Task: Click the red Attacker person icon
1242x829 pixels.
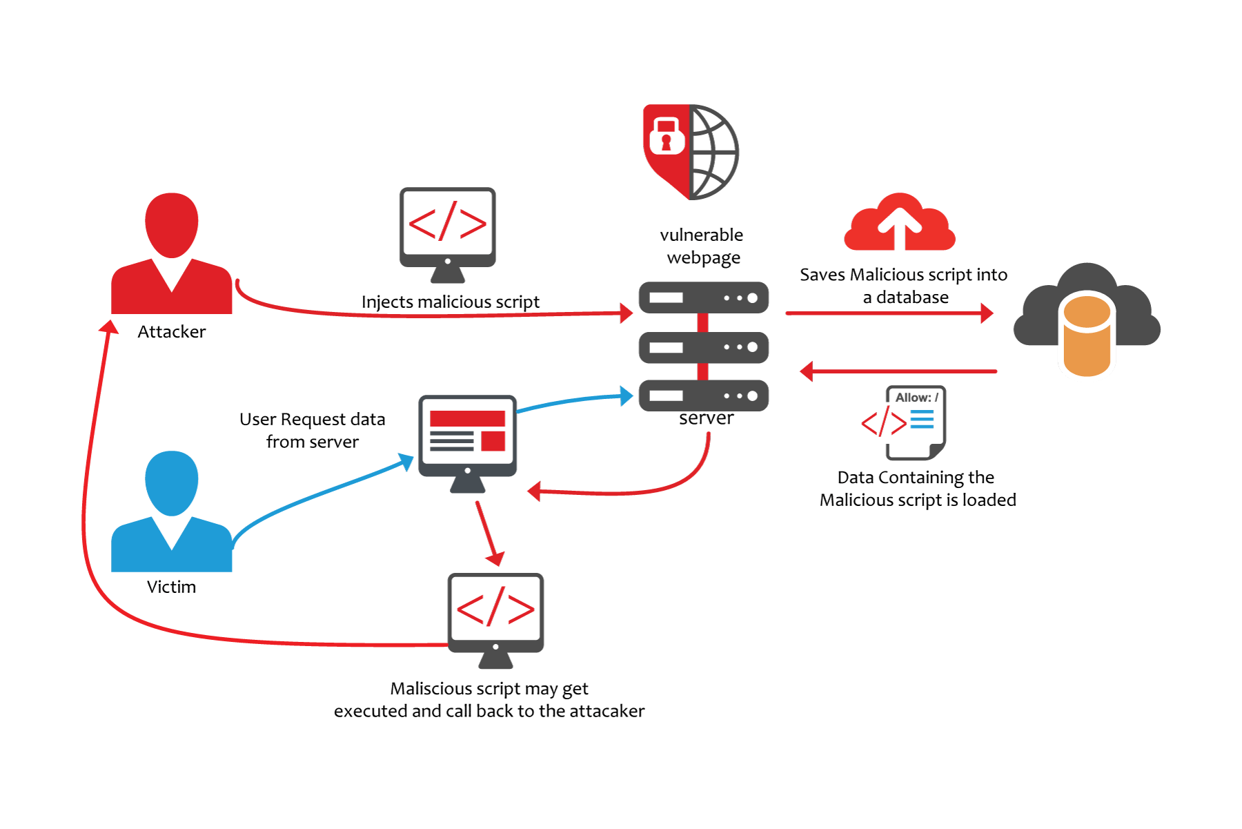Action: pos(171,255)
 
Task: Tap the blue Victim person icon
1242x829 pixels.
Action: pos(171,514)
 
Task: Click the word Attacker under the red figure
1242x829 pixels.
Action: pos(171,332)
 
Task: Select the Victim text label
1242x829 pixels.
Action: pos(171,587)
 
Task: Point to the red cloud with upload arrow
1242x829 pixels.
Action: pos(899,224)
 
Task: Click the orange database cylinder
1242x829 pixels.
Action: pos(1087,335)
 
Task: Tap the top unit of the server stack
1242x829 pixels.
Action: pos(703,298)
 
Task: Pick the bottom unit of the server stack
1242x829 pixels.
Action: pos(703,396)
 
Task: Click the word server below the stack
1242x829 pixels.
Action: pos(706,418)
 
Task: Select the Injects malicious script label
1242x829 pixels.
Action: pos(450,302)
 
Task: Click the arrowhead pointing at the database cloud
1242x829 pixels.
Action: pos(987,313)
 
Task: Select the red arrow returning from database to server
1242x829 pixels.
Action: pos(897,371)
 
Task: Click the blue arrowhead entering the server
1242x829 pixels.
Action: pos(627,396)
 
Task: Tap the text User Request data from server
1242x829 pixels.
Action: pos(312,431)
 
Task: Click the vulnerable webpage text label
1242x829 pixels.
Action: pos(702,246)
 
